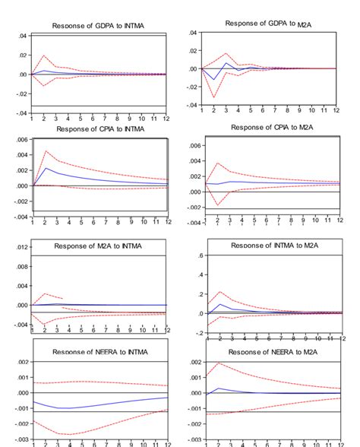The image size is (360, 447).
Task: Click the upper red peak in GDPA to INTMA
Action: click(x=45, y=56)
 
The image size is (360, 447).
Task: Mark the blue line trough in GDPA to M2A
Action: click(x=215, y=80)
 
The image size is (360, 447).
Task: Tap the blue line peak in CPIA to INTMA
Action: click(x=46, y=168)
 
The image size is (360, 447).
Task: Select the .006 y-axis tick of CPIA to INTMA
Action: click(x=21, y=139)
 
